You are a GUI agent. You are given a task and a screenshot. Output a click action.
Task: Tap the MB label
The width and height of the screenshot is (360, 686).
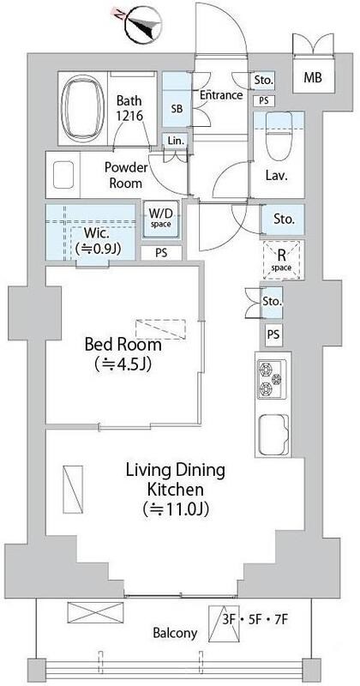(x=313, y=80)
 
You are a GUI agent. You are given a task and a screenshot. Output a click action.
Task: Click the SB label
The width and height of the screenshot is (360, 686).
(x=177, y=109)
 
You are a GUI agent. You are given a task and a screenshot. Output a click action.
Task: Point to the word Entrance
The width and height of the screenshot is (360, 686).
(x=221, y=95)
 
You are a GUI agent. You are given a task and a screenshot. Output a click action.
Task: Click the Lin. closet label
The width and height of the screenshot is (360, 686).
(x=176, y=140)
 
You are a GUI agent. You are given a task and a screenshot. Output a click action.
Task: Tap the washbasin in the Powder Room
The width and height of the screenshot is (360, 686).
(x=66, y=177)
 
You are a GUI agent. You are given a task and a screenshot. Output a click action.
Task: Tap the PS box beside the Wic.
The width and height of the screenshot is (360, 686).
(x=161, y=252)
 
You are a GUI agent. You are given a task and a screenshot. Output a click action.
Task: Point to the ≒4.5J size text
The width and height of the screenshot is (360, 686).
(x=123, y=366)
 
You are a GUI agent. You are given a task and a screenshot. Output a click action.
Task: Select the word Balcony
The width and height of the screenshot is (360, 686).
(x=175, y=634)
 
